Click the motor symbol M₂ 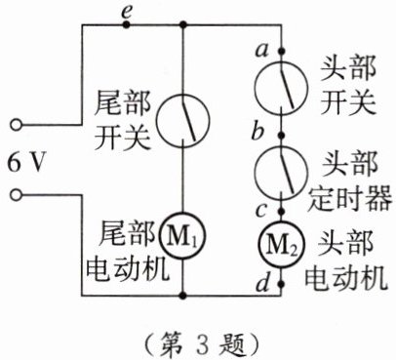point(281,245)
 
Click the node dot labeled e point(126,24)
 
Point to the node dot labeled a point(282,51)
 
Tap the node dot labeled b point(282,134)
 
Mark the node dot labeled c point(282,212)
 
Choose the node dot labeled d point(282,284)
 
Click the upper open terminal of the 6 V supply point(16,125)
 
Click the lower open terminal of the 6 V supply point(16,195)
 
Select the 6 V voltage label point(25,162)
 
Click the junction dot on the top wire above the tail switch point(183,24)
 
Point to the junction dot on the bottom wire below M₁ point(183,296)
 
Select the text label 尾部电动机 point(128,251)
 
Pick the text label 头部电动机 point(346,260)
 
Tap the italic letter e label point(126,13)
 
